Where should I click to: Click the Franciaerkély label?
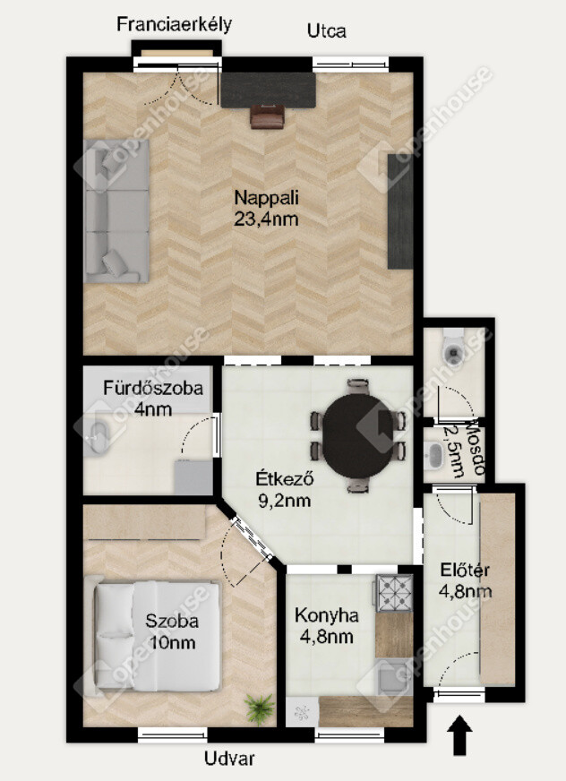click(174, 24)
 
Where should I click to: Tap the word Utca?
click(326, 30)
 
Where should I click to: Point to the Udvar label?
click(229, 759)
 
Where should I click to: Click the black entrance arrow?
click(459, 734)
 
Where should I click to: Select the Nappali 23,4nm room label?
click(266, 208)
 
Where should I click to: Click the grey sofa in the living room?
click(116, 211)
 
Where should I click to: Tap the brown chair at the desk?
click(267, 116)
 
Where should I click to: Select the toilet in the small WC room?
click(453, 348)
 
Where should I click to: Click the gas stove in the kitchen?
click(394, 593)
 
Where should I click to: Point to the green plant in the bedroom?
click(259, 708)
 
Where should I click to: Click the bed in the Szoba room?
click(157, 636)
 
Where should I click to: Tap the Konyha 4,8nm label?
click(326, 625)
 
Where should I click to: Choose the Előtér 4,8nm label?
click(465, 580)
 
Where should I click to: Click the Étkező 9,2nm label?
click(285, 489)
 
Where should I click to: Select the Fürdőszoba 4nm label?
click(153, 398)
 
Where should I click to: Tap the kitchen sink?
click(393, 677)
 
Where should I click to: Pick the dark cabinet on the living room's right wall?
click(400, 211)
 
